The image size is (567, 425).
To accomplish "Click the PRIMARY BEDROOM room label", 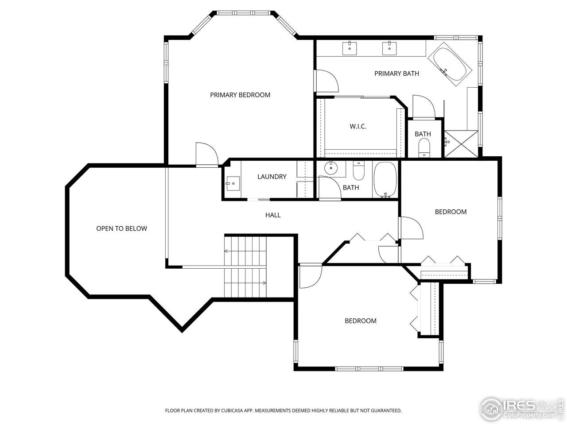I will tap(240, 95).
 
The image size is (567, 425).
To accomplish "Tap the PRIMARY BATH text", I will tap(396, 73).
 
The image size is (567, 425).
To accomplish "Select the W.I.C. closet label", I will tap(358, 127).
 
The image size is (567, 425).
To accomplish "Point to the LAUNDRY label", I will tap(272, 177).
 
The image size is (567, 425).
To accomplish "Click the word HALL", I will tap(273, 215).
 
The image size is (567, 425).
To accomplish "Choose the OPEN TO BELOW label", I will tap(121, 228).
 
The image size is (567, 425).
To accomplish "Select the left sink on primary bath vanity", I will tap(350, 47).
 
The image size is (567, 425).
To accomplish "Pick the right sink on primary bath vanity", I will tap(389, 47).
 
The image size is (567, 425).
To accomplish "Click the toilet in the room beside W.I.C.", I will tap(424, 147).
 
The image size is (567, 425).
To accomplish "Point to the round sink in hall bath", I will tap(330, 168).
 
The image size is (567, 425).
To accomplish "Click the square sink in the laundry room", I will tap(233, 183).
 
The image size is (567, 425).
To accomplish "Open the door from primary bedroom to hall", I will tap(206, 155).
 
